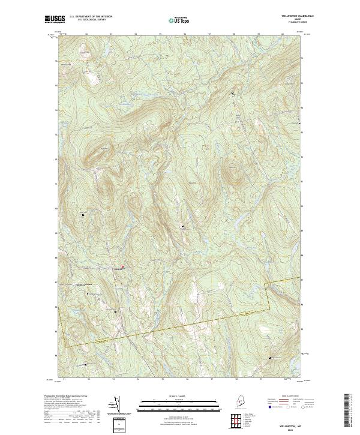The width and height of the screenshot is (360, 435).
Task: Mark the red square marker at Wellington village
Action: click(123, 266)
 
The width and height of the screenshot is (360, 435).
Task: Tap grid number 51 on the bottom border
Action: click(64, 379)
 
